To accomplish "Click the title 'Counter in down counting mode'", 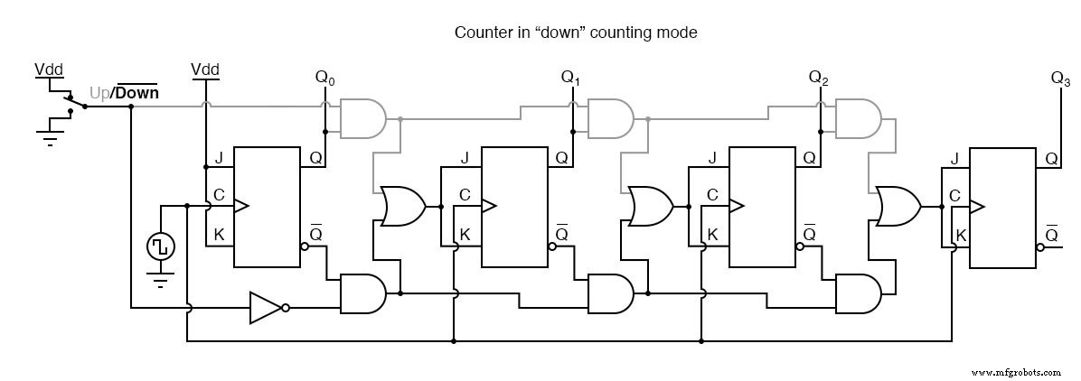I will [576, 33].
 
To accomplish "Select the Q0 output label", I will [324, 79].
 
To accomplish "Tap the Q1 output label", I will [571, 79].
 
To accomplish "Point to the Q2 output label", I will [819, 79].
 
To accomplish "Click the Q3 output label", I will [1060, 79].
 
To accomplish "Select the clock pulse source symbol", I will [161, 246].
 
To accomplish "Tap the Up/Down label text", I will [124, 93].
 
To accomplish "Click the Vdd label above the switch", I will [50, 69].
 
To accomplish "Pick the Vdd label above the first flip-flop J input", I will [206, 70].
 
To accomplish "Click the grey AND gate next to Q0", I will [362, 118].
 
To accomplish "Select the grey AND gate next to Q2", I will [857, 118].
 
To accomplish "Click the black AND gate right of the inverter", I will [362, 293].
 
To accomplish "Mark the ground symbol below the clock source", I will [161, 283].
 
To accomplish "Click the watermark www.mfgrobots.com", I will [1017, 371].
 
